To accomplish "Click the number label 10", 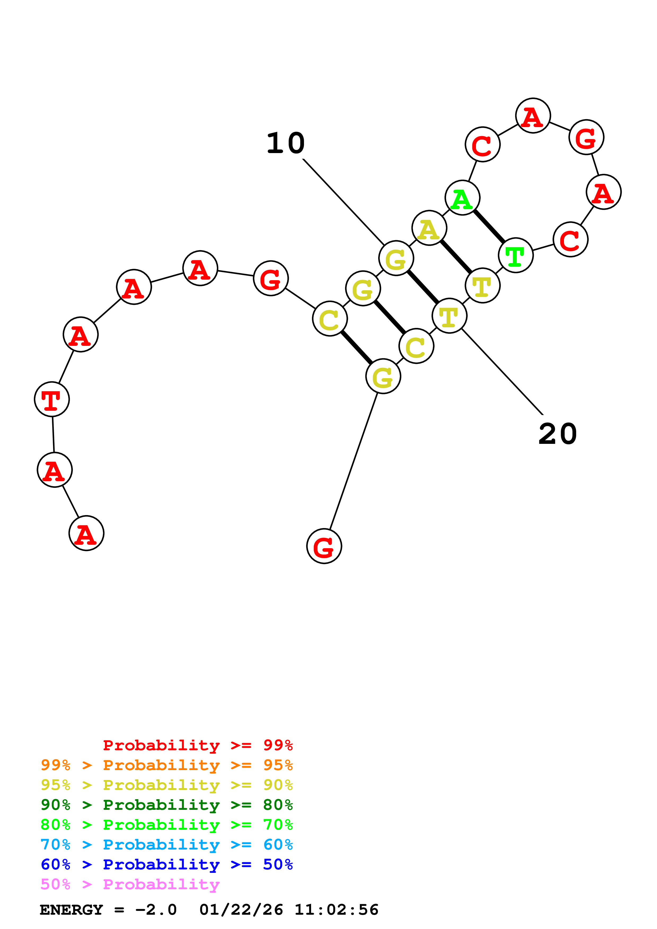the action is pyautogui.click(x=285, y=143).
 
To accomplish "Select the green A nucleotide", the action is pyautogui.click(x=462, y=198).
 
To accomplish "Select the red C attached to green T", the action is pyautogui.click(x=570, y=240).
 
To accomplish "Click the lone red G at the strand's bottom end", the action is pyautogui.click(x=324, y=546).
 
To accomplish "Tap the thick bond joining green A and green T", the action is pyautogui.click(x=489, y=226).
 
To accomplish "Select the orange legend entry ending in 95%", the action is pyautogui.click(x=166, y=765).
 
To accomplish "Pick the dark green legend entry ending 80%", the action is pyautogui.click(x=166, y=805).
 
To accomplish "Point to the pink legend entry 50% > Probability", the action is pyautogui.click(x=130, y=885).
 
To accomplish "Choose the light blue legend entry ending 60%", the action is pyautogui.click(x=166, y=845).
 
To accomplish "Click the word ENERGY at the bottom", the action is pyautogui.click(x=71, y=910).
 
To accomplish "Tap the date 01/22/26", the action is pyautogui.click(x=241, y=910).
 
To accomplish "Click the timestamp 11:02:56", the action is pyautogui.click(x=336, y=910).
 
